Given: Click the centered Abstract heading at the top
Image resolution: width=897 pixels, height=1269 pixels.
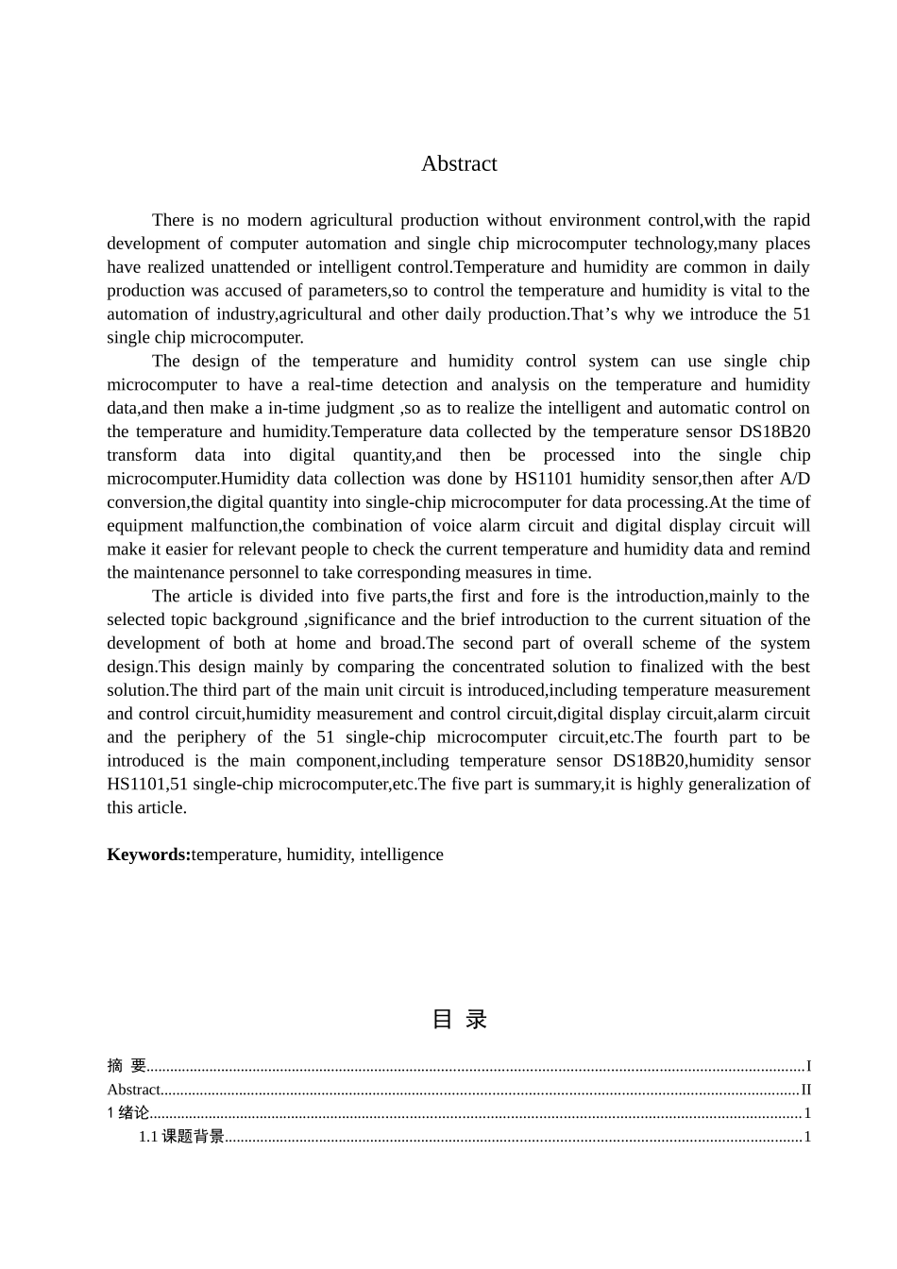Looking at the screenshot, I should pos(459,163).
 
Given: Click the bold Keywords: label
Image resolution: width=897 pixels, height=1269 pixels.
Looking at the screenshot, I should pos(148,854).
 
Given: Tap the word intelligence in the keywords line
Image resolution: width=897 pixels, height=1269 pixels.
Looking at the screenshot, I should pos(401,854).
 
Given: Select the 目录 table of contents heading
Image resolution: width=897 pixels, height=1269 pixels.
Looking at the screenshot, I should pos(459,1019).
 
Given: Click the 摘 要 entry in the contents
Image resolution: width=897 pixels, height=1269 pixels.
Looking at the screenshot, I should pos(127,1066).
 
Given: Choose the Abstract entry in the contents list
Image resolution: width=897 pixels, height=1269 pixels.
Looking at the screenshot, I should pos(134,1090).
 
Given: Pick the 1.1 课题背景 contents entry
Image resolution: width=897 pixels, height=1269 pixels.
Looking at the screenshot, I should pos(181,1137).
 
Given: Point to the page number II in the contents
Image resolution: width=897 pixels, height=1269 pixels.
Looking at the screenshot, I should pos(805,1090).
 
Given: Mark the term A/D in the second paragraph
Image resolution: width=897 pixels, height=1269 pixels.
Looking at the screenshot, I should pos(794,479).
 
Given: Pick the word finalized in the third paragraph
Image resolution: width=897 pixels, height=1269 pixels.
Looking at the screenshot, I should pos(698,667).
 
